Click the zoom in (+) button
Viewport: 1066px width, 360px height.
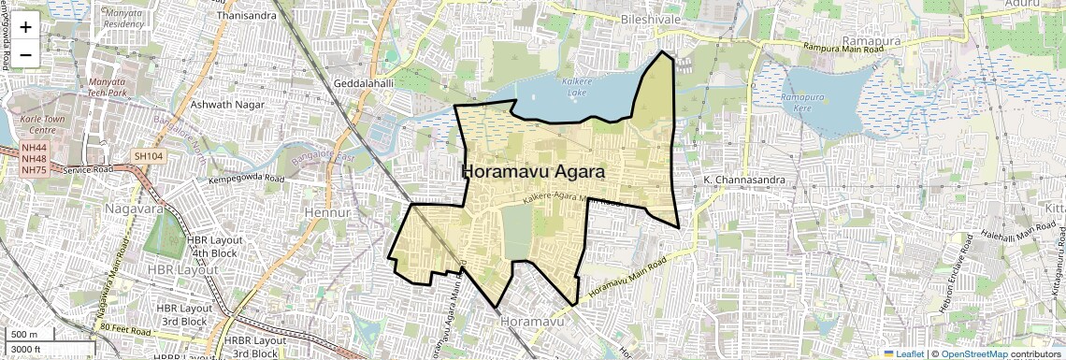[x=25, y=26]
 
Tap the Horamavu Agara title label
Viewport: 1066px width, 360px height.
[x=533, y=173]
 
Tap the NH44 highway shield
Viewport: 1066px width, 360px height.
[x=34, y=148]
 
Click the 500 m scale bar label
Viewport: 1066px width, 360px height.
[x=23, y=334]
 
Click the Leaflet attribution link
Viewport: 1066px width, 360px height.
[x=906, y=353]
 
